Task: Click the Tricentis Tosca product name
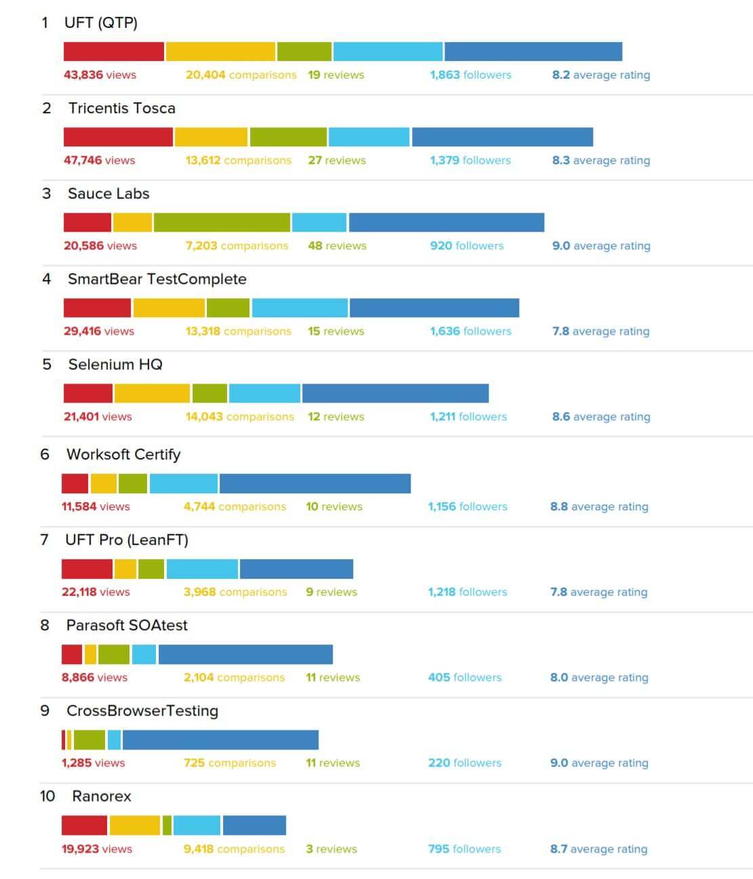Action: [121, 108]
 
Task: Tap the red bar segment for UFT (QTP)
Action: [114, 52]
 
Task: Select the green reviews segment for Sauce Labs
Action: [222, 222]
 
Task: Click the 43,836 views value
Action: [100, 75]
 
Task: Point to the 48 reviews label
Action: [337, 246]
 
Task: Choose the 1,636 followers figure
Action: [470, 331]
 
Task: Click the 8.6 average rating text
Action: [601, 417]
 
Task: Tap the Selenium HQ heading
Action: [115, 365]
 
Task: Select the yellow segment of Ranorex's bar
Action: [134, 825]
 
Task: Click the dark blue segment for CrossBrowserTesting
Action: [220, 740]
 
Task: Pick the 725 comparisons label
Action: [230, 763]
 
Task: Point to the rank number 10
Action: [47, 796]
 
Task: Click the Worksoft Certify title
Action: [123, 455]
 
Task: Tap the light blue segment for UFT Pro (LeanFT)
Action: [202, 569]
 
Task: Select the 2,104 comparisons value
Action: [234, 678]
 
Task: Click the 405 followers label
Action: [464, 678]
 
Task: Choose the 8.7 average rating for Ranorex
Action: [598, 849]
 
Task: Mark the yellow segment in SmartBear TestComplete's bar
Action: [169, 308]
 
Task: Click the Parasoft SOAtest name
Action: [127, 626]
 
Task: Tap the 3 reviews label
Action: [331, 849]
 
